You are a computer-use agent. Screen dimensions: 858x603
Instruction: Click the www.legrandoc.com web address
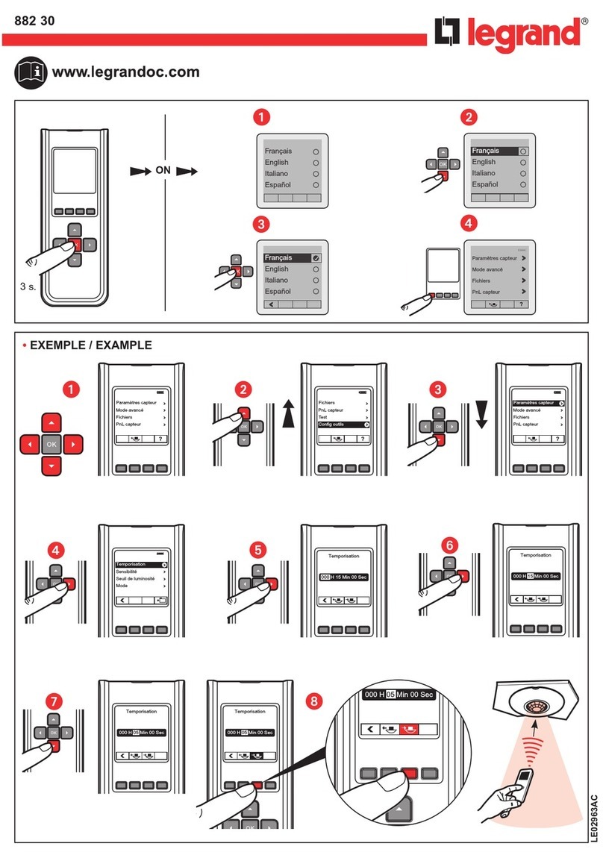pos(125,72)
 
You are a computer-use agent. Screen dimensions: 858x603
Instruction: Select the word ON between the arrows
pos(163,171)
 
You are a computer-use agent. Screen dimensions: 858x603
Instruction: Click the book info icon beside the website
pos(30,72)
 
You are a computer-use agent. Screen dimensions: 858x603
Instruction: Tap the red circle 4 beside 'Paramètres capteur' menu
pos(468,222)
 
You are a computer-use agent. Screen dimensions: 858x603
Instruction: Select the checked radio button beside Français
pos(316,258)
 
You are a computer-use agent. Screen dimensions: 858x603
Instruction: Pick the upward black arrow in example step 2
pos(289,411)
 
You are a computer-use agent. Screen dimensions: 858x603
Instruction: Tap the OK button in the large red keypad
pos(51,444)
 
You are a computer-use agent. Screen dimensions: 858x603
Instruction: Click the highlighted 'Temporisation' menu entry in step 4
pos(139,565)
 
